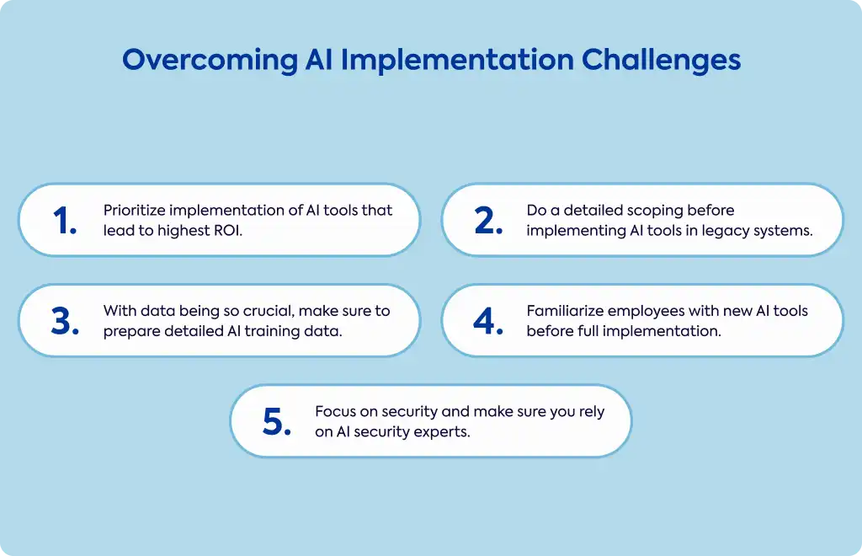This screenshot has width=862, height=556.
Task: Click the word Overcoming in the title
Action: pos(210,61)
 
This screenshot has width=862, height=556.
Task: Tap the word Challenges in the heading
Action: pos(662,61)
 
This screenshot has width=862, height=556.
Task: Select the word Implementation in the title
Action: pos(457,61)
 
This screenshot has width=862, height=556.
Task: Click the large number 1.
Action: pos(64,221)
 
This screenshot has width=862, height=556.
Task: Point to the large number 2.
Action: pos(488,221)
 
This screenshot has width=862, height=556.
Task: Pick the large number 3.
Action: pos(65,321)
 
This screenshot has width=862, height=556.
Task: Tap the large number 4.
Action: pos(488,321)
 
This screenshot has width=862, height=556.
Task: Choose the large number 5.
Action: pos(276,422)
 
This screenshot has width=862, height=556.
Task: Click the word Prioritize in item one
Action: pos(134,210)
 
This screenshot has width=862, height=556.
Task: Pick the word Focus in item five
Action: pos(335,411)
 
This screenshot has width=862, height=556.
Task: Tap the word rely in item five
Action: pos(592,412)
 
